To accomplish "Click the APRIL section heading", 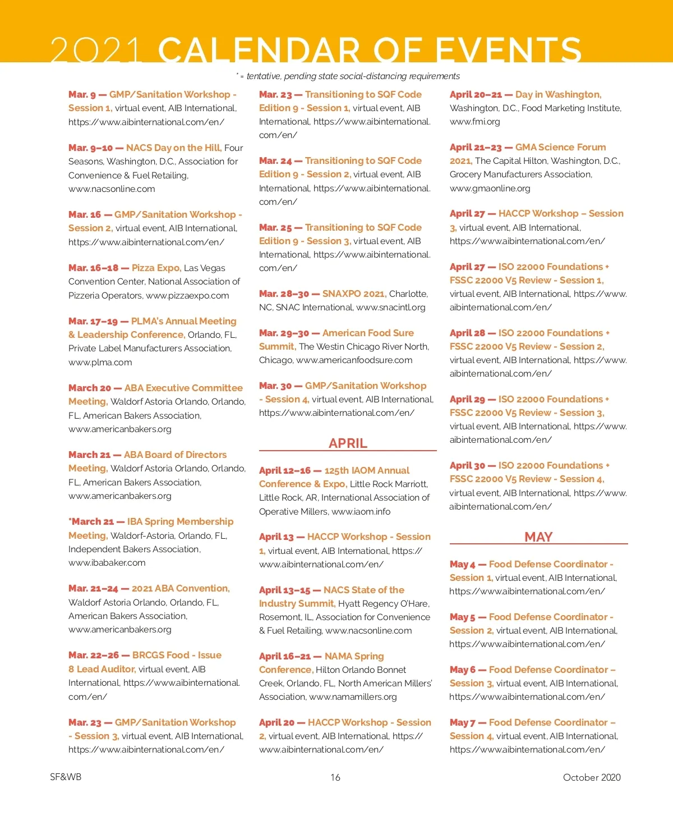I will pyautogui.click(x=348, y=443).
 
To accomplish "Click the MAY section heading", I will pyautogui.click(x=538, y=537).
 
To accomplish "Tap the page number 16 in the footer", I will pyautogui.click(x=335, y=777).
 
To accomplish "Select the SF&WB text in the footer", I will pyautogui.click(x=66, y=777).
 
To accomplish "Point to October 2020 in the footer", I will pyautogui.click(x=592, y=777).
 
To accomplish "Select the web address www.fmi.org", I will pyautogui.click(x=474, y=121).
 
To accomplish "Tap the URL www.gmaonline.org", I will pyautogui.click(x=490, y=188).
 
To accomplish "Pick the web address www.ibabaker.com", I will pyautogui.click(x=107, y=562).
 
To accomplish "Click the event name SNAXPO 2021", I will pyautogui.click(x=354, y=294).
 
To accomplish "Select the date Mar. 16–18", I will pyautogui.click(x=93, y=268).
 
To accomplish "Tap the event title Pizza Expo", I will pyautogui.click(x=156, y=268).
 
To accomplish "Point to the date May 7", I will pyautogui.click(x=462, y=722).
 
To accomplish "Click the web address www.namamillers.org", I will pyautogui.click(x=353, y=696).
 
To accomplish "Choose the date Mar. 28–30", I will pyautogui.click(x=284, y=294).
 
